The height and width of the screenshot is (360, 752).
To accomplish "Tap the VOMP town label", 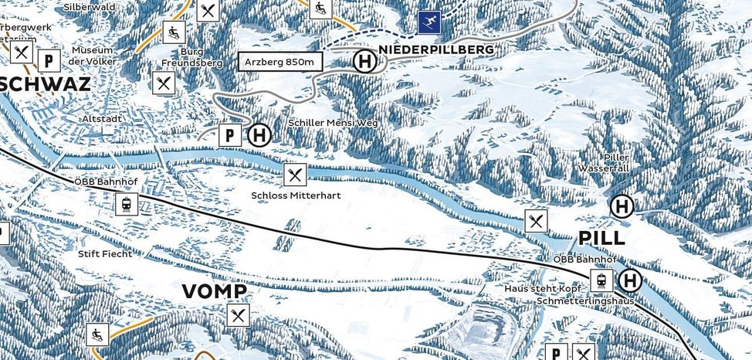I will (215, 291).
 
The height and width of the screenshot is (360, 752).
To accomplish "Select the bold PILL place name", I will (601, 237).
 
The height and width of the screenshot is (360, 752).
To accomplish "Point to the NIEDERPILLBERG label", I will (435, 49).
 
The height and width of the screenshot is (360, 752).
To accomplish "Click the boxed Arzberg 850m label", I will (279, 62).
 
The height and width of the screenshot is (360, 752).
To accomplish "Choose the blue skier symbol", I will (429, 22).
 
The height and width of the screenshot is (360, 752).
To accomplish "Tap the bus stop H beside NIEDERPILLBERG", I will (363, 62).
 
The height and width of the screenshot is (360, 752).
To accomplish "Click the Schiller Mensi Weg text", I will (333, 123).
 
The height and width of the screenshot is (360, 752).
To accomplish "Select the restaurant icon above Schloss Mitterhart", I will (294, 175).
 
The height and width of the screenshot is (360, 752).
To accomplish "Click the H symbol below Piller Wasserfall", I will (622, 206).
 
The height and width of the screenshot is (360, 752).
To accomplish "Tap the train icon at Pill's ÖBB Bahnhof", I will (601, 280).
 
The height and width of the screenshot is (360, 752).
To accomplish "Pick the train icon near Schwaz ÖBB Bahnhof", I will (126, 205).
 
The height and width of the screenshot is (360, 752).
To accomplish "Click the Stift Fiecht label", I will (104, 253).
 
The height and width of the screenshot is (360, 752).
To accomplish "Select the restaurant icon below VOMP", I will (239, 314).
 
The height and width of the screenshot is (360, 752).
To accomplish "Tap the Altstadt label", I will (102, 119).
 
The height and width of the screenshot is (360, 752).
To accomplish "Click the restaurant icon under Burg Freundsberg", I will (163, 82).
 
